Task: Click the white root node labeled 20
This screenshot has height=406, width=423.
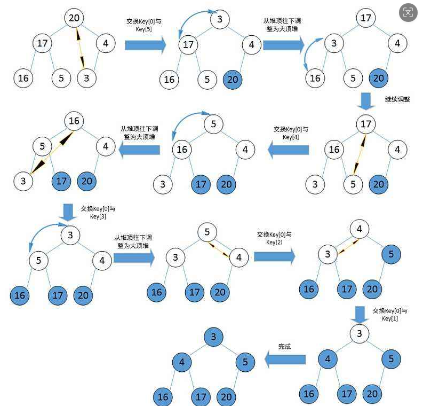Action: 74,18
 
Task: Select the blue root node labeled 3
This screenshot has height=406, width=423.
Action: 213,337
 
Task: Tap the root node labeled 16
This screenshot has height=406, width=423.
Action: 74,121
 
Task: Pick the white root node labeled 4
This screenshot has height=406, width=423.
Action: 360,230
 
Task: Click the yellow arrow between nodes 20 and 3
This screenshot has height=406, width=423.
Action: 79,48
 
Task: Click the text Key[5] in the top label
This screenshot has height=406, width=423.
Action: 144,29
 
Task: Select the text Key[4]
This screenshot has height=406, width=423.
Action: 291,137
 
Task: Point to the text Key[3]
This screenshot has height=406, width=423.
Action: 98,216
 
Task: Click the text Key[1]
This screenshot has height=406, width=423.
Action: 390,318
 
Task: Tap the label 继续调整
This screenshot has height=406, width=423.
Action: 397,99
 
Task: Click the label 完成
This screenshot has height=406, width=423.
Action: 285,347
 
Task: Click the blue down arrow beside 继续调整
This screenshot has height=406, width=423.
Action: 366,100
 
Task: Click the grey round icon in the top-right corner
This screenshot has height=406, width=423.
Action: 408,12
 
